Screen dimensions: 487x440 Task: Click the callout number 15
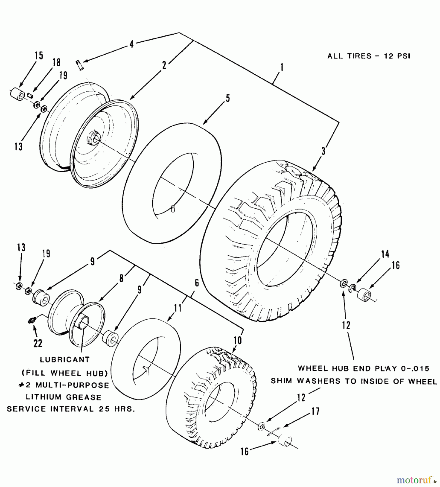[39, 56]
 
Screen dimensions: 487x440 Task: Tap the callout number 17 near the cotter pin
[315, 412]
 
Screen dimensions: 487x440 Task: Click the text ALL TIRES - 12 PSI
[369, 56]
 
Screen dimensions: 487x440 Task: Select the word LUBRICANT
[65, 360]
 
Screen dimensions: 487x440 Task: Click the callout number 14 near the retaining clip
[385, 254]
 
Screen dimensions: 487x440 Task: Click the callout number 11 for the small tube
[178, 308]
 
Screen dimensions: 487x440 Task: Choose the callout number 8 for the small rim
[121, 278]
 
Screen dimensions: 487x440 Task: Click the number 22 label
[38, 343]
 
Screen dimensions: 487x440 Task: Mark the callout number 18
[56, 62]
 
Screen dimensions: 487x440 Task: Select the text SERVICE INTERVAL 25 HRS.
[71, 409]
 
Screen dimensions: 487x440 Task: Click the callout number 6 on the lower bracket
[197, 283]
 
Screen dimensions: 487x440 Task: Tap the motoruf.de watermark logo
[417, 480]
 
